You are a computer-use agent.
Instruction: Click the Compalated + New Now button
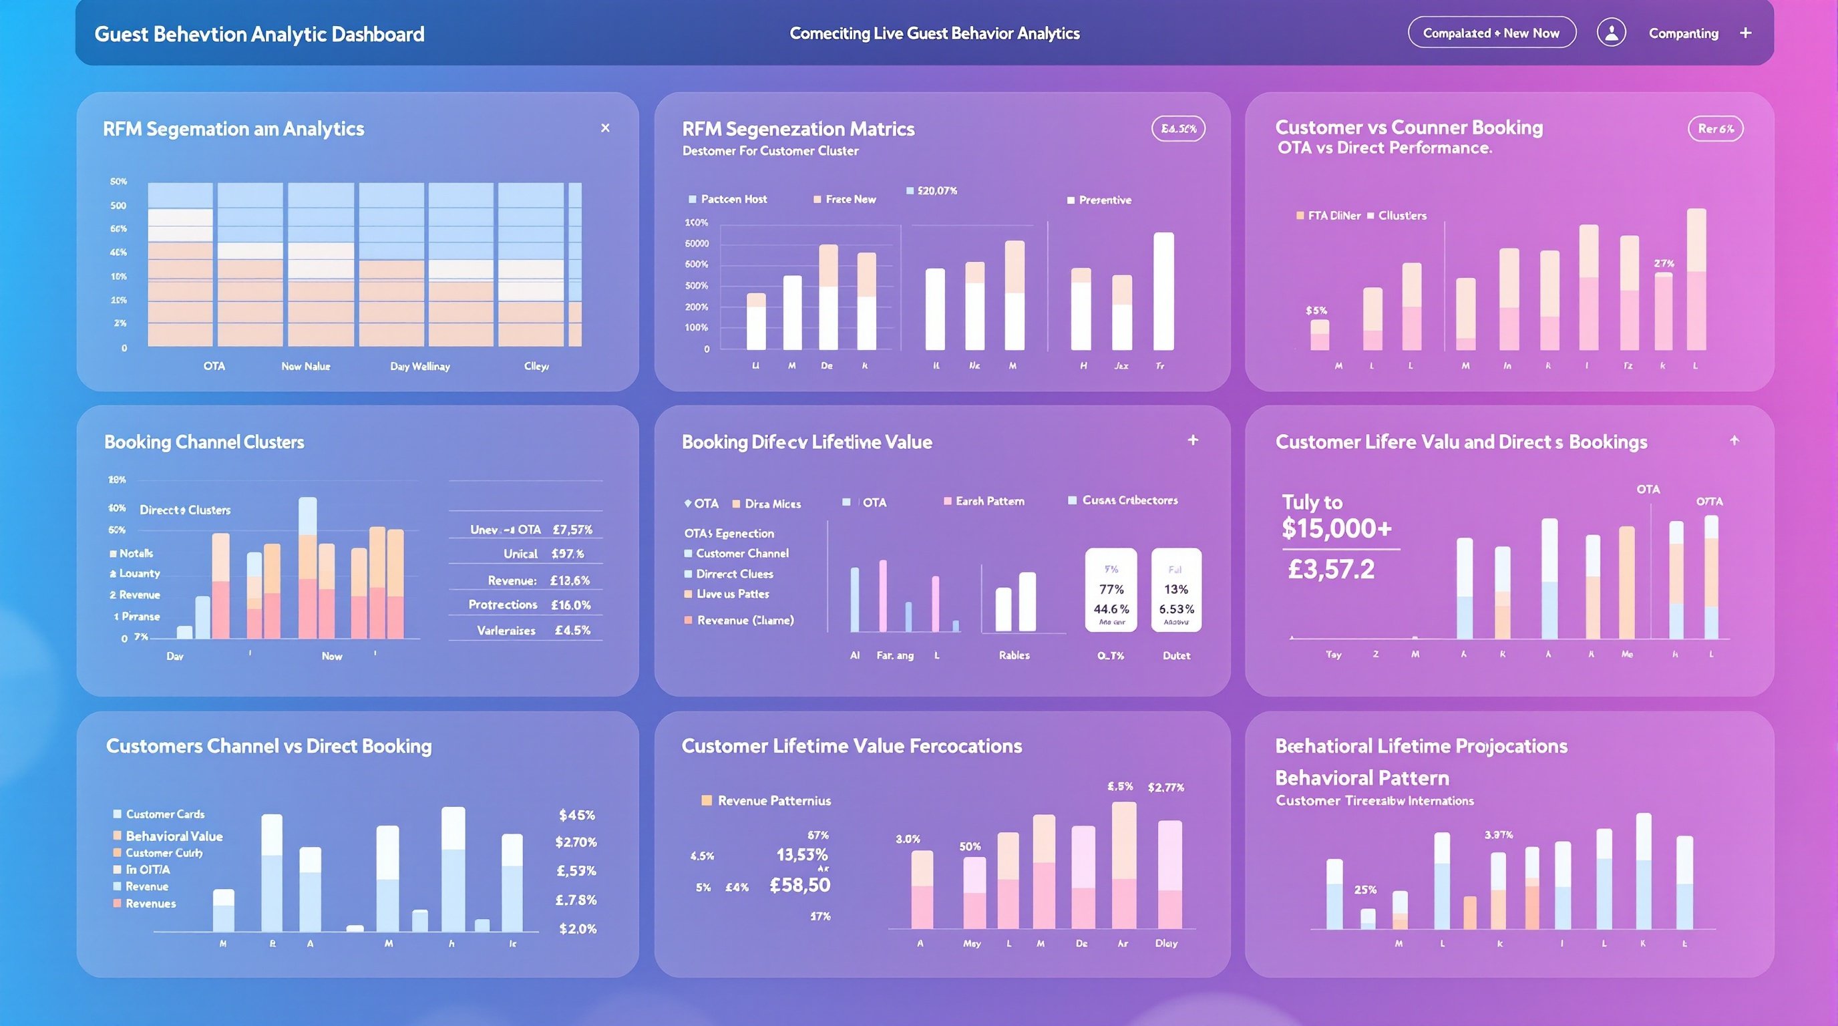(1491, 33)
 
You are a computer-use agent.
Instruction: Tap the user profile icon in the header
(1611, 33)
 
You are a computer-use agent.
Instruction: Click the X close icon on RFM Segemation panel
(605, 128)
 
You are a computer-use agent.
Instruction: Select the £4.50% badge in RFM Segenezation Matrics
(1178, 129)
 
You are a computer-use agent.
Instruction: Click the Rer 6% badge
(1715, 129)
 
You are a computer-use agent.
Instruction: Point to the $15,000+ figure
(1336, 528)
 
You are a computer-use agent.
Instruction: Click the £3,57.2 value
(1330, 569)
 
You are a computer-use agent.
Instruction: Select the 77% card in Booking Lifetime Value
(1111, 590)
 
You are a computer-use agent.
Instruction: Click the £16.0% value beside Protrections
(571, 605)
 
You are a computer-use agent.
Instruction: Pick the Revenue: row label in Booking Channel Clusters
(512, 580)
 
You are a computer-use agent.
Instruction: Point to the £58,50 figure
(800, 886)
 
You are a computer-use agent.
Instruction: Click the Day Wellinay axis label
(419, 367)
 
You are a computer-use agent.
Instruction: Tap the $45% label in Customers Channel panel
(576, 816)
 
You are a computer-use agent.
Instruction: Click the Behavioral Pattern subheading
(1361, 778)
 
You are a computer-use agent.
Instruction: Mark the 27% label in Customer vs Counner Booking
(1664, 264)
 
